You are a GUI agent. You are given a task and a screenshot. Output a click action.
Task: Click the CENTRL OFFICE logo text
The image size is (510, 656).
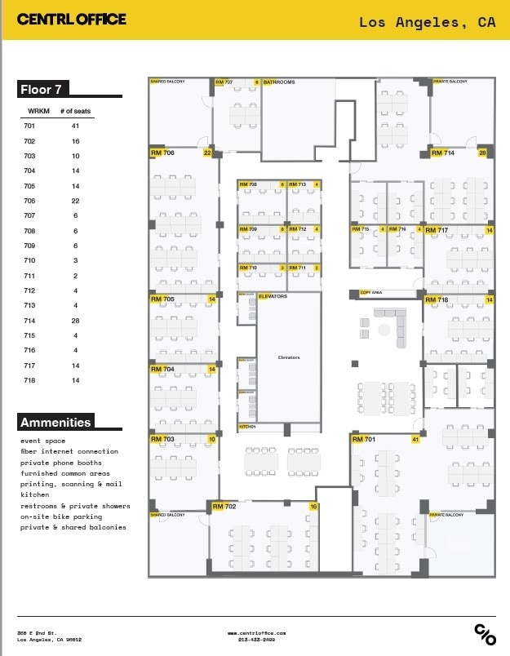[72, 19]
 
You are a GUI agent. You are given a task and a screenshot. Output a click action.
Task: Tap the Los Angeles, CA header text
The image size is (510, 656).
[427, 23]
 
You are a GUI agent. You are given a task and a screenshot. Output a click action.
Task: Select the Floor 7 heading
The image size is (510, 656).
[45, 89]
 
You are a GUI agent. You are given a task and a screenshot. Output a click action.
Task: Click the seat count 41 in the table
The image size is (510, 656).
[74, 126]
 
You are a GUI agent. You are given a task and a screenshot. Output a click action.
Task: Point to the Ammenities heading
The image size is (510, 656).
[55, 422]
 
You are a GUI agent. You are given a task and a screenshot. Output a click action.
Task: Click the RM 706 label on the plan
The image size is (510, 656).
[162, 153]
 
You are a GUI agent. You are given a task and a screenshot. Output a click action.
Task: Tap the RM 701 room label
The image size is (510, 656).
[364, 440]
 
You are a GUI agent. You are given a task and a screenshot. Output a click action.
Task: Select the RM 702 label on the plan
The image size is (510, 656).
[224, 507]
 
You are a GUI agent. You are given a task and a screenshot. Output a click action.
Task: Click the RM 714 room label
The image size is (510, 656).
[442, 153]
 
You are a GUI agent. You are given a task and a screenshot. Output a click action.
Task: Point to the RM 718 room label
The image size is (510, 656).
[437, 300]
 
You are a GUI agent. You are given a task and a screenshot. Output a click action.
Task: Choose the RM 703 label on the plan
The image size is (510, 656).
[162, 439]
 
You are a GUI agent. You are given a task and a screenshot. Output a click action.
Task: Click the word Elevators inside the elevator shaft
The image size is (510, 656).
[289, 357]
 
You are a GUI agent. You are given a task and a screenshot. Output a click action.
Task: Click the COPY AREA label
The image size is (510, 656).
[371, 292]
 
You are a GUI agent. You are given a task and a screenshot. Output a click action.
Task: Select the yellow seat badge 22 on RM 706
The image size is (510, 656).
[207, 153]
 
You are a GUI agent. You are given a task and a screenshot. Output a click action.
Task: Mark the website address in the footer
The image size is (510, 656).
[255, 632]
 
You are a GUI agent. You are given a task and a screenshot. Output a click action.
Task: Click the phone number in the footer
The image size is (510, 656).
[255, 640]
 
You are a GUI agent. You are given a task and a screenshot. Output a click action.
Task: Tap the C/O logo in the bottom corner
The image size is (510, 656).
[485, 634]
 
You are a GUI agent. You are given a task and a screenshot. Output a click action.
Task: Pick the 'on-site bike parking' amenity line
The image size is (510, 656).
[61, 516]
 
